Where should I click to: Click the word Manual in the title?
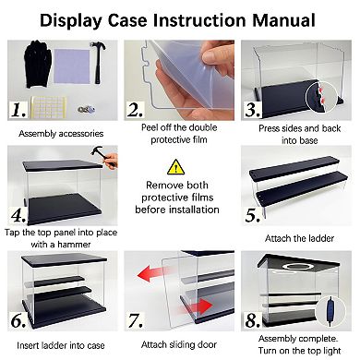(x=283, y=20)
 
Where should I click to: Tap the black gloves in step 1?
(x=38, y=64)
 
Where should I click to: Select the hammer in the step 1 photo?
(x=99, y=63)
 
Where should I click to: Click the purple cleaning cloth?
(x=72, y=66)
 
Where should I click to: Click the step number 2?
(x=135, y=110)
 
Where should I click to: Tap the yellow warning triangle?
(x=175, y=167)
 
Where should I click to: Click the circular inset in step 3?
(x=321, y=97)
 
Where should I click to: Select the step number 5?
(x=252, y=215)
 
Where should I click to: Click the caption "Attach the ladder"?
(x=299, y=238)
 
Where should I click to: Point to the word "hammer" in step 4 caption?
(x=74, y=245)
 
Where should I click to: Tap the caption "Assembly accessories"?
(x=61, y=134)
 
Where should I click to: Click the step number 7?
(x=136, y=320)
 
